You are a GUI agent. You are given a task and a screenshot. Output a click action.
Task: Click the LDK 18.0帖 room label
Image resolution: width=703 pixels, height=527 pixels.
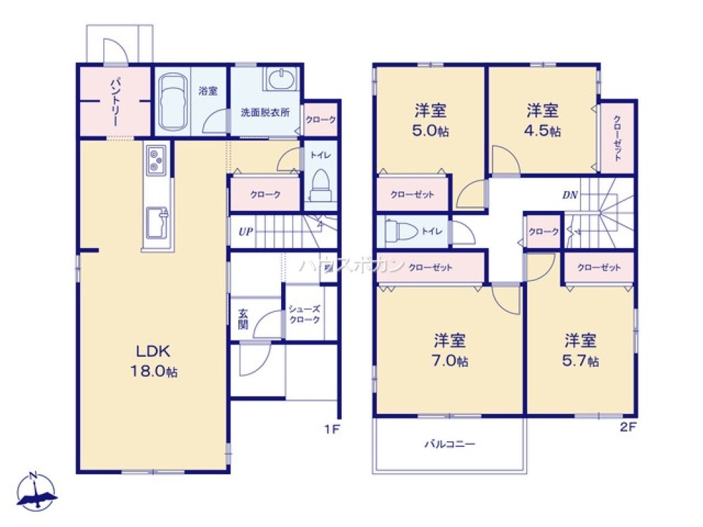pyautogui.click(x=153, y=361)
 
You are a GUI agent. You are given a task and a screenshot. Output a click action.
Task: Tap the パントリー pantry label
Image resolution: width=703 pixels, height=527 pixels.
pyautogui.click(x=113, y=103)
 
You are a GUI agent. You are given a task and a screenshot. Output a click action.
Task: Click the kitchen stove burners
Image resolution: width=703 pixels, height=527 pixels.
pyautogui.click(x=156, y=161)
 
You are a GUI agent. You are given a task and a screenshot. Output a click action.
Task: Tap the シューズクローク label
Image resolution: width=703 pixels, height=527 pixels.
pyautogui.click(x=304, y=314)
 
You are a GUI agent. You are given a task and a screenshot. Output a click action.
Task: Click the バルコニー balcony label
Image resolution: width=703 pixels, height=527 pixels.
pyautogui.click(x=449, y=444)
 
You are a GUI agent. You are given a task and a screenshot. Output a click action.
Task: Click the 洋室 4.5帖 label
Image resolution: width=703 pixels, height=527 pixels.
pyautogui.click(x=542, y=120)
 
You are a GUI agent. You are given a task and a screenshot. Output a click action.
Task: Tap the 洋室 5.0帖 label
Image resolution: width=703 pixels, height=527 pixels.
pyautogui.click(x=431, y=120)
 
